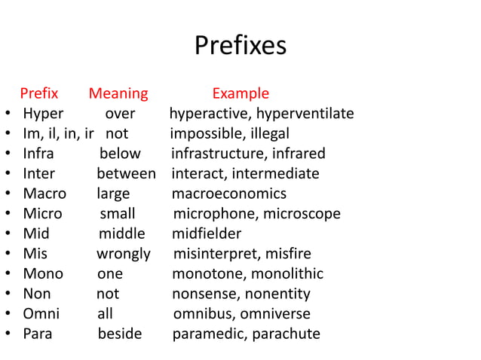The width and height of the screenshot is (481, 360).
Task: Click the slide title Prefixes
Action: [240, 46]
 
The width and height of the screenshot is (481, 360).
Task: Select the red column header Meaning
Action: [118, 94]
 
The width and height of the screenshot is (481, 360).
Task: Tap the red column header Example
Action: [240, 94]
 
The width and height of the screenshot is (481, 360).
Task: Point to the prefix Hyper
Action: [43, 114]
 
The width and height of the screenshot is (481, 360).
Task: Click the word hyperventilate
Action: [305, 114]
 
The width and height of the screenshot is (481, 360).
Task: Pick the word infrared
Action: [296, 154]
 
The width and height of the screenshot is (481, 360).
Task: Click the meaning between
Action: [126, 174]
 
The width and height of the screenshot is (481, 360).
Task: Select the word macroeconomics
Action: [229, 194]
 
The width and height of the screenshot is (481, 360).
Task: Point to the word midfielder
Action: [207, 233]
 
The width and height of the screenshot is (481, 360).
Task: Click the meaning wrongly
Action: [123, 254]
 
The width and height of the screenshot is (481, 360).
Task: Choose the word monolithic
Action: [287, 273]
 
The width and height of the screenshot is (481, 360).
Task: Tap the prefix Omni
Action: [41, 314]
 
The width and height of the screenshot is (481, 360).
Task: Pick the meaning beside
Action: [119, 334]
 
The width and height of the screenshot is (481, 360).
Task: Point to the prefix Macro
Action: [44, 194]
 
